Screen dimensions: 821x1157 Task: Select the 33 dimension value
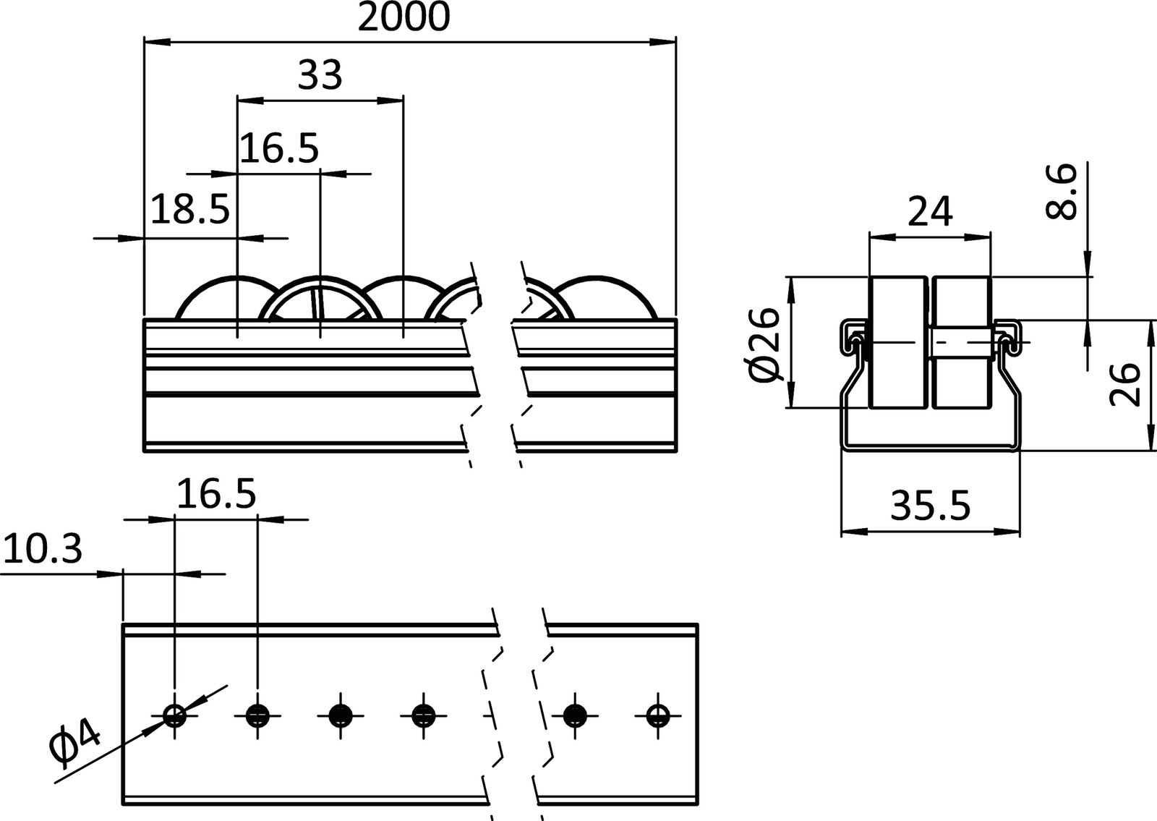[320, 75]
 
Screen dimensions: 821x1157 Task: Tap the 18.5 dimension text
[190, 210]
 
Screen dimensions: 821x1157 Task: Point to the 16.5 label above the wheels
[279, 149]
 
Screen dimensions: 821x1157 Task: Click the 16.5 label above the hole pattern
[216, 495]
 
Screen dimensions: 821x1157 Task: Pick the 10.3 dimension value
[43, 550]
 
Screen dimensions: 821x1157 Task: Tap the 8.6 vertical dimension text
[1062, 191]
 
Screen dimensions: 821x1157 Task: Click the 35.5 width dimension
[930, 506]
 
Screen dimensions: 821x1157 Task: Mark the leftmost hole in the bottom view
[175, 716]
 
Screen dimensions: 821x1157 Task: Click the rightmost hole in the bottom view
[657, 716]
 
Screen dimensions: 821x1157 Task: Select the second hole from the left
[257, 716]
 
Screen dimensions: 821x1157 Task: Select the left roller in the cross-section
[898, 342]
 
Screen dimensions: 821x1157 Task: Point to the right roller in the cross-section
[961, 342]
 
